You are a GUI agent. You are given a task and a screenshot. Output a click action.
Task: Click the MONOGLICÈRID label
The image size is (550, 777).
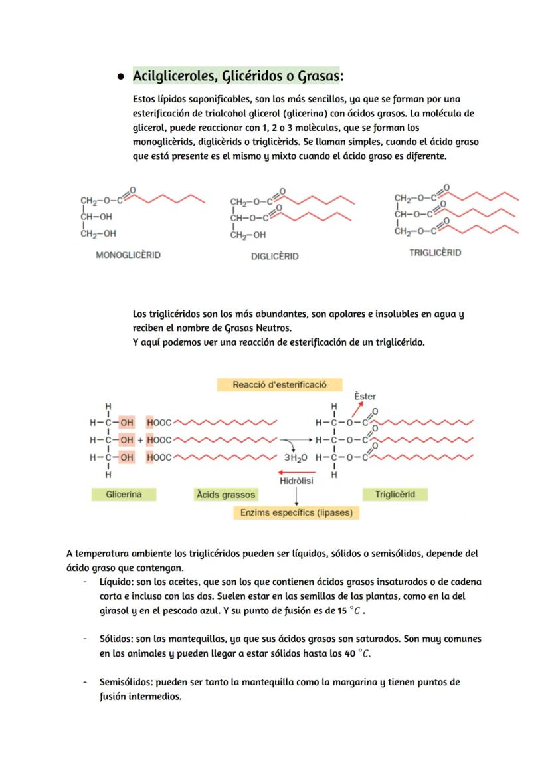coord(128,255)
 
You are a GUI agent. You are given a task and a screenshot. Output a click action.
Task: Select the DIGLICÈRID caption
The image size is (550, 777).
coord(274,256)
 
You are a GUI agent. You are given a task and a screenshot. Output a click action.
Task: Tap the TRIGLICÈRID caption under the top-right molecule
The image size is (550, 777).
coord(435,253)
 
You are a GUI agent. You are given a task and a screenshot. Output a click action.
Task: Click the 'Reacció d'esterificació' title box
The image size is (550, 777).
coord(279,385)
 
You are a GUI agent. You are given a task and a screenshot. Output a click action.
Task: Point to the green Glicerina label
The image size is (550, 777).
coord(124,495)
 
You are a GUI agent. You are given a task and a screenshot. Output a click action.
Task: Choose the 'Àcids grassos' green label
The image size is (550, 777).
coord(225,495)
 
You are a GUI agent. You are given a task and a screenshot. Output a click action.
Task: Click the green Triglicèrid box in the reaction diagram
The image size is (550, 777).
coord(395,495)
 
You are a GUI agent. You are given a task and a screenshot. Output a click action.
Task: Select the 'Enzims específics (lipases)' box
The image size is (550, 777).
coord(296,513)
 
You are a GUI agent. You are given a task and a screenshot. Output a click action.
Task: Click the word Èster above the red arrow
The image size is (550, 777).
coord(365,396)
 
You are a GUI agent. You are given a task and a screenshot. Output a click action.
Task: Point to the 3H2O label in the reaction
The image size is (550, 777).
coord(296,458)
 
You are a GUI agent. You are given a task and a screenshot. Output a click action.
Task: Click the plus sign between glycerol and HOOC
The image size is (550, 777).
coord(141,440)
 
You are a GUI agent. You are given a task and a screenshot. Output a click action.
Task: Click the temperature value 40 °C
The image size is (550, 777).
coord(359,653)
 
